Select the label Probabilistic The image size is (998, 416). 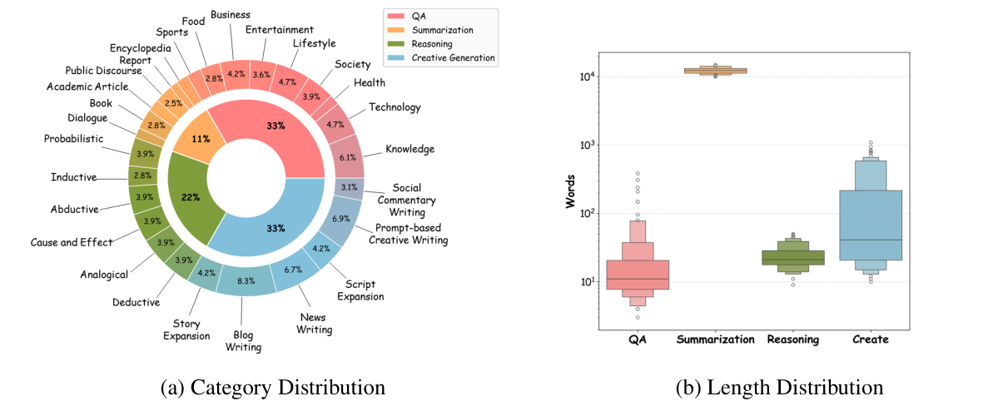click(x=73, y=138)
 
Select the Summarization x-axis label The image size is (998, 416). click(x=715, y=339)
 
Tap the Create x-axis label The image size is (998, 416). click(x=871, y=339)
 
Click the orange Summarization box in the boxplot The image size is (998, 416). click(x=715, y=71)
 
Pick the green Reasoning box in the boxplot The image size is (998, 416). click(x=793, y=258)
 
